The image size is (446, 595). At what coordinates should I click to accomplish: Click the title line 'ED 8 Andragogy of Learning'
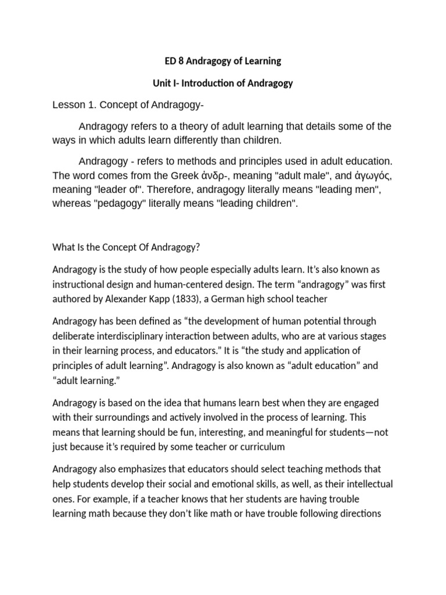223,60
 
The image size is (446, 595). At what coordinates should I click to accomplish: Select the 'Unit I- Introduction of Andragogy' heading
223,83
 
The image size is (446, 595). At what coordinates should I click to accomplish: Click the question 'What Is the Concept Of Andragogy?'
126,247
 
